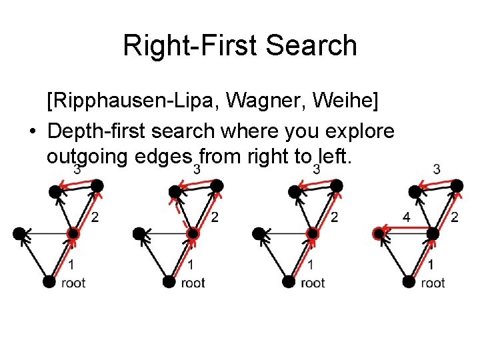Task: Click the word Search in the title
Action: [x=312, y=46]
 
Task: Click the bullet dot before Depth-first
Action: [x=33, y=131]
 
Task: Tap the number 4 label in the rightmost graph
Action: [x=406, y=217]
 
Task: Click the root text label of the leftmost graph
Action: [x=73, y=283]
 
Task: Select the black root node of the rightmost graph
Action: [x=409, y=282]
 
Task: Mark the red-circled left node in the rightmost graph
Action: [x=379, y=233]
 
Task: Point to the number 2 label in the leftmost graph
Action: [x=95, y=217]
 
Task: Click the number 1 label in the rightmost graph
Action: [x=431, y=265]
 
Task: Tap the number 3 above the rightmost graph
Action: [x=437, y=169]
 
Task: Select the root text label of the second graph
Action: [x=193, y=283]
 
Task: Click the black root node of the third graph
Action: [x=288, y=282]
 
